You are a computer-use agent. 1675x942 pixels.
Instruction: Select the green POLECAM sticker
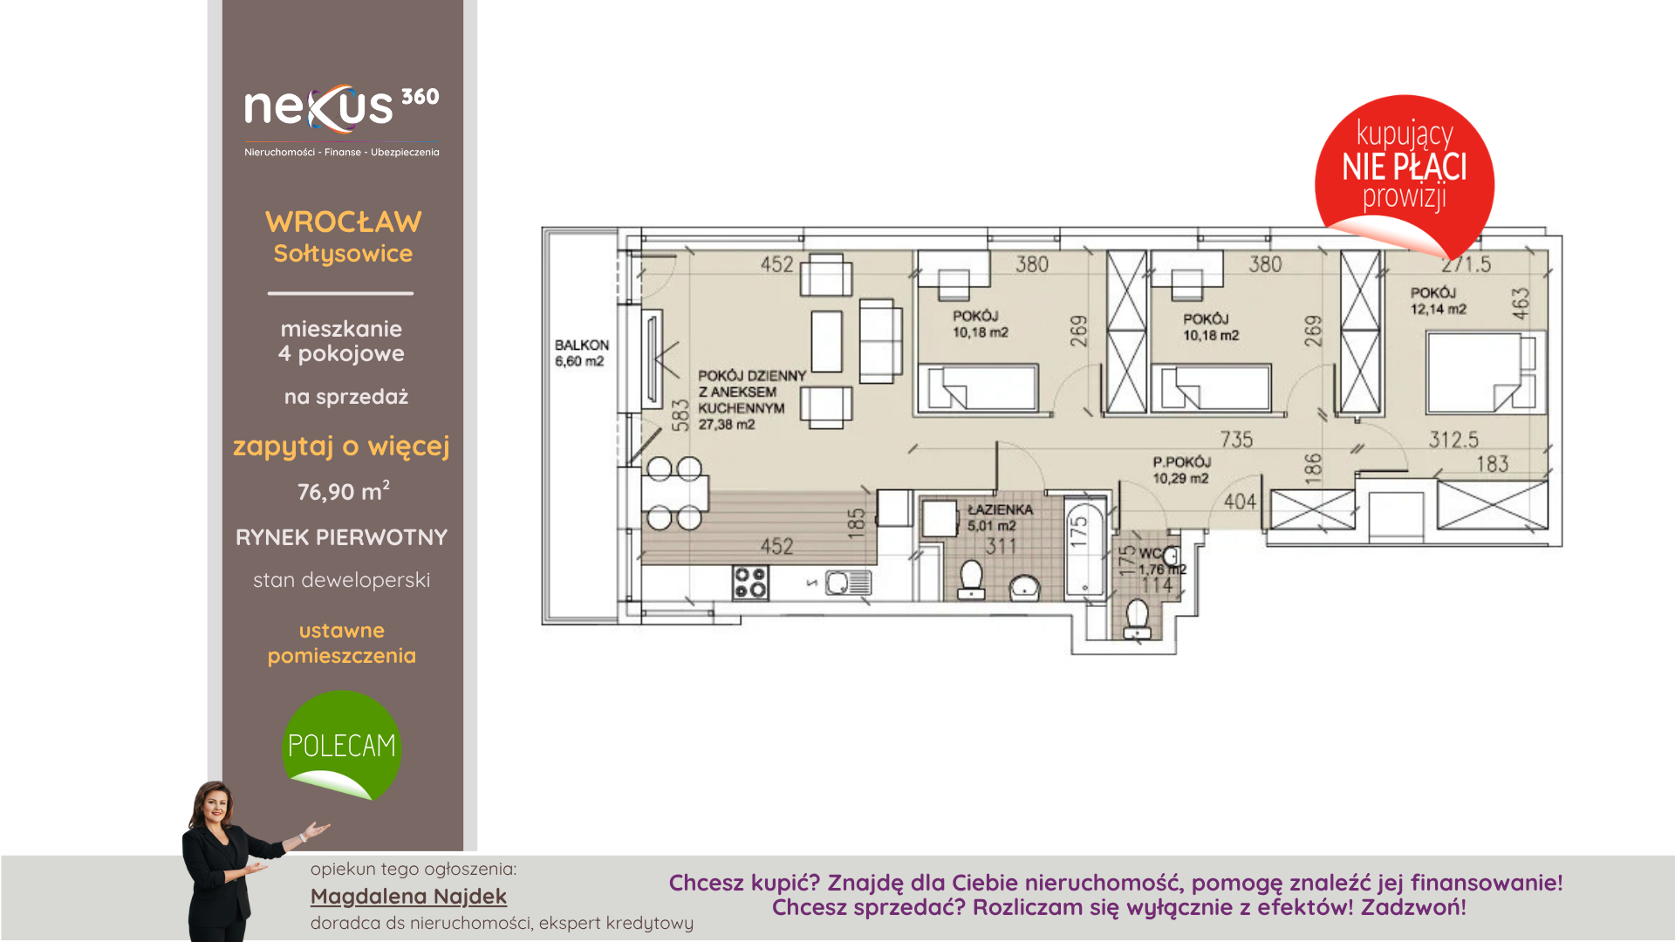[x=342, y=745]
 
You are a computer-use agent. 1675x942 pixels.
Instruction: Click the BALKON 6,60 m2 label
[x=582, y=353]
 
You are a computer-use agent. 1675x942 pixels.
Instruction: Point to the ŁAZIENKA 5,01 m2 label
[x=1000, y=517]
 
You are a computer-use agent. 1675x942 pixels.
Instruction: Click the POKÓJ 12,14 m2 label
[x=1439, y=301]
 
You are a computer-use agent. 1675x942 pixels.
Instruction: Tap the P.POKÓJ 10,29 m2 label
[x=1181, y=470]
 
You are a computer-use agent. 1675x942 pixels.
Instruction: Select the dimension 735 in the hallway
[x=1236, y=440]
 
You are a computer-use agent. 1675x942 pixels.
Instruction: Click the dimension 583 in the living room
[x=680, y=415]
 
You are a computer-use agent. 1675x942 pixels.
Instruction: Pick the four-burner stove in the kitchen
[x=750, y=583]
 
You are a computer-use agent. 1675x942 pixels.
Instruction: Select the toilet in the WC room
[x=1137, y=618]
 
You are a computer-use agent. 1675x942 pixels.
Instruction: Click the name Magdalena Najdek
[x=408, y=896]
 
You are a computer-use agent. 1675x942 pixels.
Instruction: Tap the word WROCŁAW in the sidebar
[x=344, y=222]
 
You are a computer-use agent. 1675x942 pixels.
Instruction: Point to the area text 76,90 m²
[x=344, y=490]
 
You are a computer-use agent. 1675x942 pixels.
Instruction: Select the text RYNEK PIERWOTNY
[x=342, y=537]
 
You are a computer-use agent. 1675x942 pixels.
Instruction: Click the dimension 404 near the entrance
[x=1240, y=502]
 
